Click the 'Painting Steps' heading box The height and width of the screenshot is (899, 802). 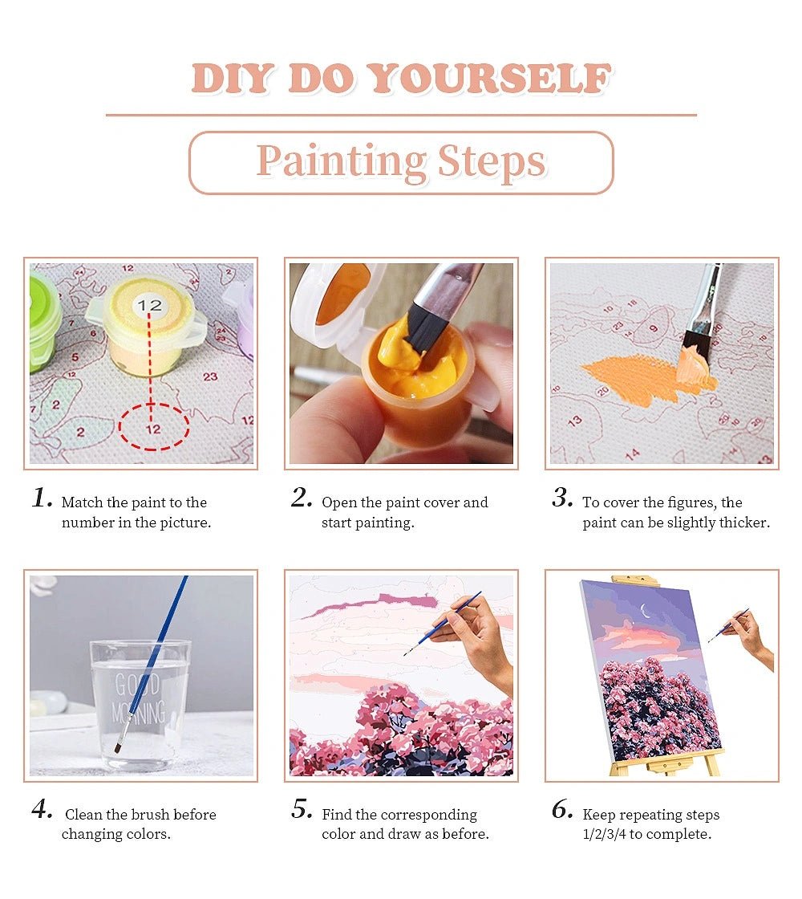(401, 163)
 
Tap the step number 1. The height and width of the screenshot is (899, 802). (42, 498)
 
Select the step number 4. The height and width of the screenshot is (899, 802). (42, 810)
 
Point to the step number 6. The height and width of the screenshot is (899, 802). (562, 810)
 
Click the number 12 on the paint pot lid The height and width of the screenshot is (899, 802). (149, 305)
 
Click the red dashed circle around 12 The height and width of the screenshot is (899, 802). (154, 428)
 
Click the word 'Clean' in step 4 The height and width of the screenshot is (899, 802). (83, 815)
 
